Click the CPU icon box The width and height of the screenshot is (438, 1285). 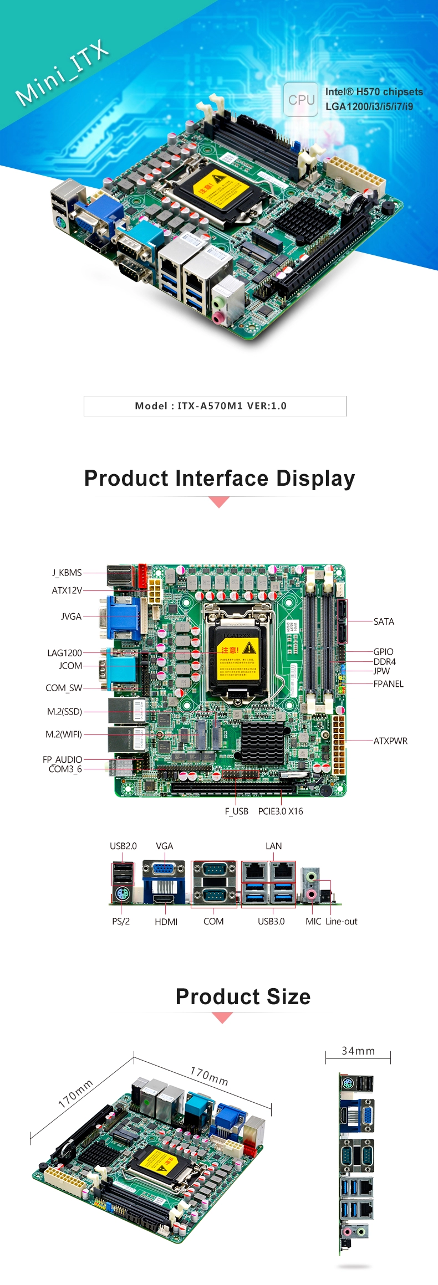click(301, 100)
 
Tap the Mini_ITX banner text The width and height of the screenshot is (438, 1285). click(62, 73)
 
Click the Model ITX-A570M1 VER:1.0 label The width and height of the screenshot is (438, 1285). click(211, 406)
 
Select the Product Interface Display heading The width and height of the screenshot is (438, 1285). click(220, 479)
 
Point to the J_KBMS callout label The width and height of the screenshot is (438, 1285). click(67, 573)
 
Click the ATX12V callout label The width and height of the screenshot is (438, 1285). click(67, 590)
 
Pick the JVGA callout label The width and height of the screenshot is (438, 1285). click(71, 616)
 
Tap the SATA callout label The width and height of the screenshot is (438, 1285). click(384, 621)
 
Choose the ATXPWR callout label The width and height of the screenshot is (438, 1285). click(390, 741)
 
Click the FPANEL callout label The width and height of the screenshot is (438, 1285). click(388, 684)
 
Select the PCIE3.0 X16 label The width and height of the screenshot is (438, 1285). click(281, 811)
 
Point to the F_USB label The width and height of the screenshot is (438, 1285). click(236, 811)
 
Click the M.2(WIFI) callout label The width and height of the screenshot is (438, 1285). click(64, 734)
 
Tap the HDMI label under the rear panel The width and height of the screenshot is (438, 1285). click(166, 922)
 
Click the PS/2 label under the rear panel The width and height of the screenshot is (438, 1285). click(121, 922)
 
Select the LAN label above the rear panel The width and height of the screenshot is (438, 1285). click(273, 846)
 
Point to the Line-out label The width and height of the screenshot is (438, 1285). click(342, 922)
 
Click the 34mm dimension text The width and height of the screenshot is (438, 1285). click(358, 1051)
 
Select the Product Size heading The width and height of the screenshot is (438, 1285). click(243, 996)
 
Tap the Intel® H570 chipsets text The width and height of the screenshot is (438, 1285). click(374, 92)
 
